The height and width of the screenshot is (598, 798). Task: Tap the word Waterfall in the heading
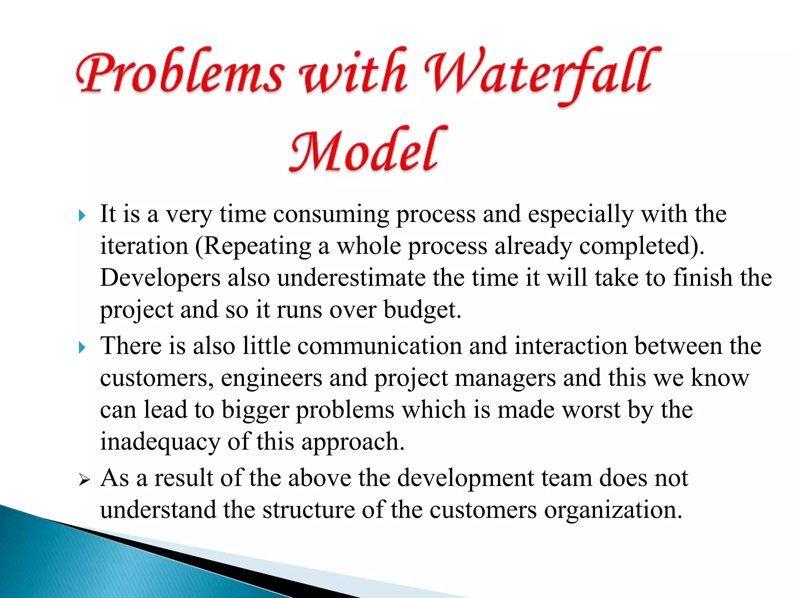(x=542, y=74)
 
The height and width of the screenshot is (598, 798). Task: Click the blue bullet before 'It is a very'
(x=81, y=215)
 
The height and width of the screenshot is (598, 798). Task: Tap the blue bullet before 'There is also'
(x=81, y=347)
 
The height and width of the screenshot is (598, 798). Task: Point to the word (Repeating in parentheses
(x=253, y=246)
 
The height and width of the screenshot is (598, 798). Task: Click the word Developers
(x=160, y=278)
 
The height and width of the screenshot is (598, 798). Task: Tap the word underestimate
(x=351, y=278)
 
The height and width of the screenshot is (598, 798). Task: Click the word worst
(x=591, y=410)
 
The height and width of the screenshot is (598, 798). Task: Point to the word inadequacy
(x=160, y=442)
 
